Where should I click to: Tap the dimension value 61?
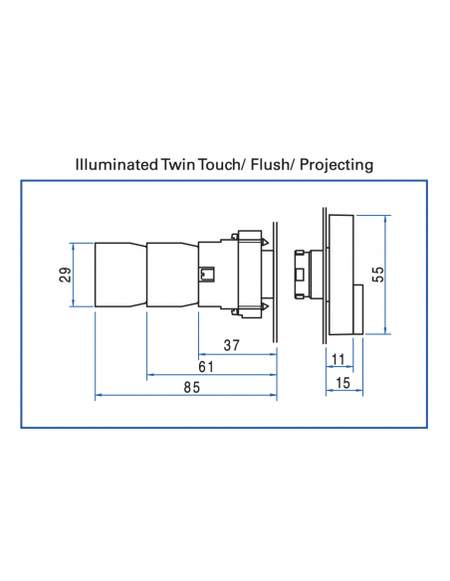click(x=207, y=367)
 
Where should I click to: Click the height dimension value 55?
click(x=377, y=275)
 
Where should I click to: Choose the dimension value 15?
click(x=342, y=382)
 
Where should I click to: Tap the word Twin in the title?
click(x=180, y=164)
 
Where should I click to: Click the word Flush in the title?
click(x=280, y=164)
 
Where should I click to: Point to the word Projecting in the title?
click(x=339, y=164)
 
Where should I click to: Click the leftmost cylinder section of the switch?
click(x=119, y=274)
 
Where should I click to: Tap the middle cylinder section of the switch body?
click(x=172, y=274)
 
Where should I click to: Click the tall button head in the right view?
click(x=340, y=274)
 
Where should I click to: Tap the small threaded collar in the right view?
click(x=302, y=274)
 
